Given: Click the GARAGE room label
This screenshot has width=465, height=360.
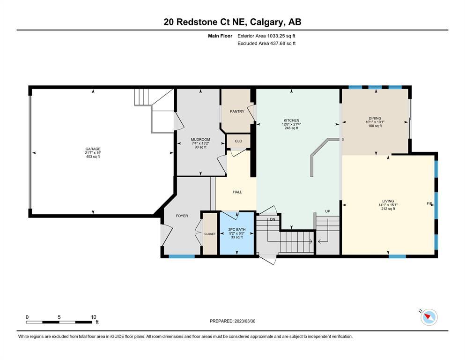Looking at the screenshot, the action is click(x=93, y=149).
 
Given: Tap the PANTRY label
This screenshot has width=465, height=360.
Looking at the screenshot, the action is click(x=237, y=111).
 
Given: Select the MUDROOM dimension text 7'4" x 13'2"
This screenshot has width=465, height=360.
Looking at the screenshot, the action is click(x=200, y=143).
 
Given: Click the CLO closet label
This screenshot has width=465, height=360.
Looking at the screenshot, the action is click(x=238, y=141).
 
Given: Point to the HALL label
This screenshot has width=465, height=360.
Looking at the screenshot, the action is click(x=237, y=192).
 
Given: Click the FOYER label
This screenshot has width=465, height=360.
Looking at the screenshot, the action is click(x=182, y=216).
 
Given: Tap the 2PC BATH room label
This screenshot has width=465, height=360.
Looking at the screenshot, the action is click(x=236, y=229).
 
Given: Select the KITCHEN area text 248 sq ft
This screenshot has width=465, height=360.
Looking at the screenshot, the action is click(x=291, y=128).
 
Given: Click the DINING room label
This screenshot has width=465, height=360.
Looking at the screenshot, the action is click(x=375, y=118).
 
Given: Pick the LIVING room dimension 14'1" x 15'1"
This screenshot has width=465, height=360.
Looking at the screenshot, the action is click(x=388, y=205).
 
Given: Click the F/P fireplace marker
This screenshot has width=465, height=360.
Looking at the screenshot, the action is click(x=429, y=203).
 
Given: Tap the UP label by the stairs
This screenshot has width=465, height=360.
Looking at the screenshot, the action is click(x=328, y=211).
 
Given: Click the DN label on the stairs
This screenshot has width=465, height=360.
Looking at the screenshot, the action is click(x=273, y=219).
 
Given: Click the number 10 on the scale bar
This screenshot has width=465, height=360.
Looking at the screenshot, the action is click(x=93, y=317).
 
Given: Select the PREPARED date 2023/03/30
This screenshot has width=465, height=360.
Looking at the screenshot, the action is click(x=244, y=321).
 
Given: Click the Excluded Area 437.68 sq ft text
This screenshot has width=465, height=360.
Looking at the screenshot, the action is click(x=266, y=43).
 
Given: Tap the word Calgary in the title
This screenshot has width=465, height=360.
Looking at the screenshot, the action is click(x=266, y=22).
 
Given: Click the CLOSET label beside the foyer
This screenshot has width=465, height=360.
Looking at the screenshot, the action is click(x=210, y=234).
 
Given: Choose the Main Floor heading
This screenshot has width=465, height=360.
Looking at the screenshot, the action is click(x=220, y=36).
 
